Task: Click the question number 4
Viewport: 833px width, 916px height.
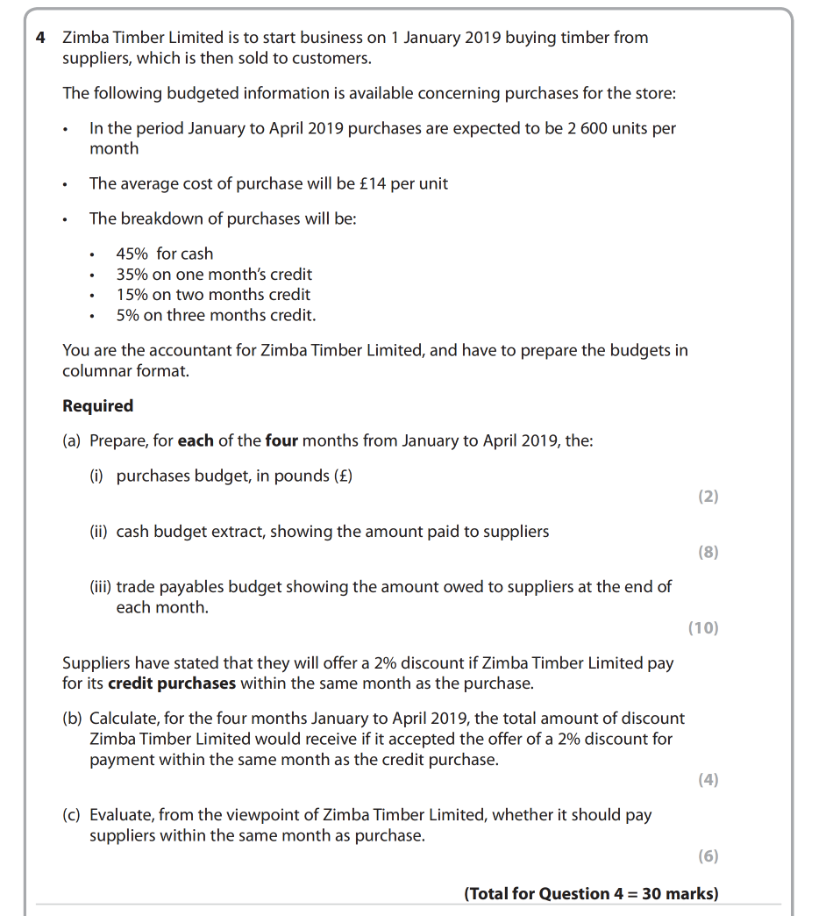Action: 41,38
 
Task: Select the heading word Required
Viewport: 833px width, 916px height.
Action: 98,406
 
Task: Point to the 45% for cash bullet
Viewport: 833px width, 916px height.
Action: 164,254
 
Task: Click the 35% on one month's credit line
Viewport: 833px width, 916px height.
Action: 214,275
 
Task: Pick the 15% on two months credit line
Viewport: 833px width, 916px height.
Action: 213,295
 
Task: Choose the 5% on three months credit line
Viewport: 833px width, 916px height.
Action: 216,315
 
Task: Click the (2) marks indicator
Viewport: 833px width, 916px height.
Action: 708,497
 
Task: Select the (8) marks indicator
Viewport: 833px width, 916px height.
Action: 708,552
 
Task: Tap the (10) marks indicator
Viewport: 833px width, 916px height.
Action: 703,627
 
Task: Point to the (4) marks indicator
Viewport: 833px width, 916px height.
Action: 708,780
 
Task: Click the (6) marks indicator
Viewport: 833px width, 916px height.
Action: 708,855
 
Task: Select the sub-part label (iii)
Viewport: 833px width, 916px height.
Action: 100,587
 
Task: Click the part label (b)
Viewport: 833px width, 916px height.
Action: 73,719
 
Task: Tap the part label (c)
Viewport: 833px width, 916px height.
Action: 73,815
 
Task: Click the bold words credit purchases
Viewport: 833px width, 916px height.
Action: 172,683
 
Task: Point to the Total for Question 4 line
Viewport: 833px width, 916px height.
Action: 591,894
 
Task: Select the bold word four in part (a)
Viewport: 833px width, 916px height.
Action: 282,440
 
